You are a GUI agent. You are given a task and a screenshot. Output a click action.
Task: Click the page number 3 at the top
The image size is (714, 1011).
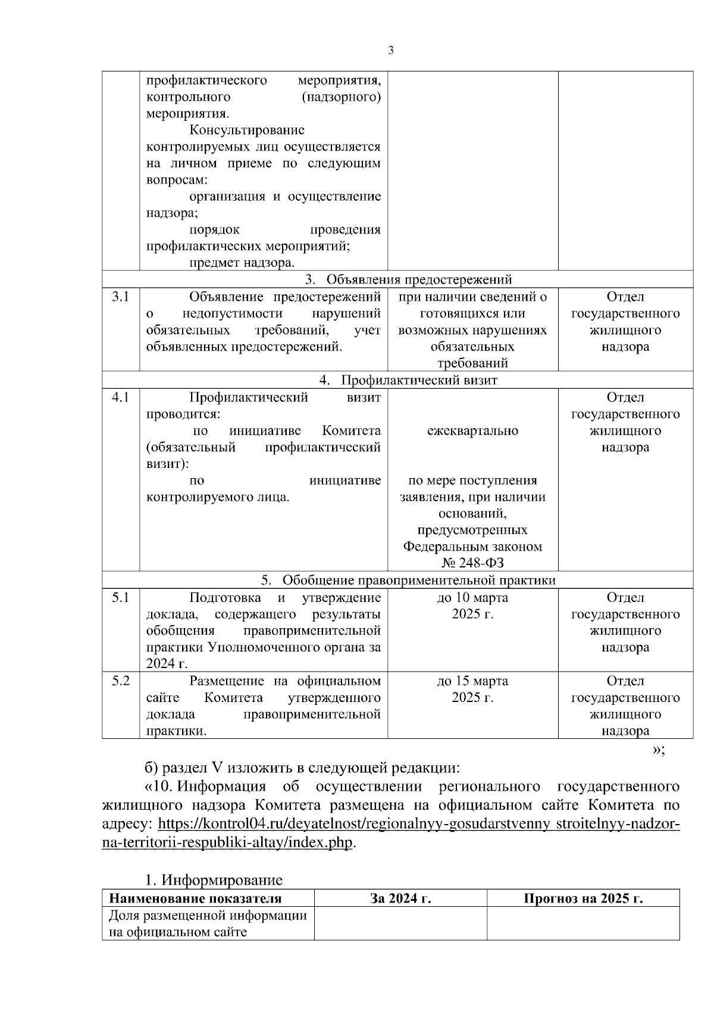(390, 51)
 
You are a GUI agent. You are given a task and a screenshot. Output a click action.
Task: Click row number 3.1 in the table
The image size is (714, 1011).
(121, 297)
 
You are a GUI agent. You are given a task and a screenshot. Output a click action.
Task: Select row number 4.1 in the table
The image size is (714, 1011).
(121, 397)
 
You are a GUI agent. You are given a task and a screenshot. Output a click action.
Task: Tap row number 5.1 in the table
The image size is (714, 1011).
(121, 597)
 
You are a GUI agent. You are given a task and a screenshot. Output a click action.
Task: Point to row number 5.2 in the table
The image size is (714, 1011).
(121, 681)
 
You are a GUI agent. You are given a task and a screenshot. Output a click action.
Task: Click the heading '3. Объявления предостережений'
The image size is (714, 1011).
(408, 280)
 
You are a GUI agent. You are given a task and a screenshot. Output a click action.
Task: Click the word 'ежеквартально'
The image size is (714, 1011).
(472, 430)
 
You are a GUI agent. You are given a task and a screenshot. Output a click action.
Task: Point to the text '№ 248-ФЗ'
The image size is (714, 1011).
(472, 563)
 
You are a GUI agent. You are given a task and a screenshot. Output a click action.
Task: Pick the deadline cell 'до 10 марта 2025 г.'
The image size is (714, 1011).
(472, 606)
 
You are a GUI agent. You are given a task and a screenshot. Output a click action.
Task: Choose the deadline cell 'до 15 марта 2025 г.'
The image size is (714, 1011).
(472, 689)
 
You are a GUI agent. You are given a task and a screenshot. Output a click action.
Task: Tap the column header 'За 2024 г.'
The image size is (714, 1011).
(400, 898)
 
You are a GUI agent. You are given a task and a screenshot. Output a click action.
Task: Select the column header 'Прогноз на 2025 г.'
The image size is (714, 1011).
(583, 898)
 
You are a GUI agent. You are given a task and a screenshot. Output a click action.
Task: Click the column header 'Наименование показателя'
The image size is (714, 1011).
(195, 898)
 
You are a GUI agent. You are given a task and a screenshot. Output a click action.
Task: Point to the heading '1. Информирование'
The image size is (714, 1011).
(214, 880)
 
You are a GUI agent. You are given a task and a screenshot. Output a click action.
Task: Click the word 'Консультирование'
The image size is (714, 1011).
(247, 130)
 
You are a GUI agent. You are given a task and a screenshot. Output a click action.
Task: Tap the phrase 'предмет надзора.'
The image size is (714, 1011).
(242, 263)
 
